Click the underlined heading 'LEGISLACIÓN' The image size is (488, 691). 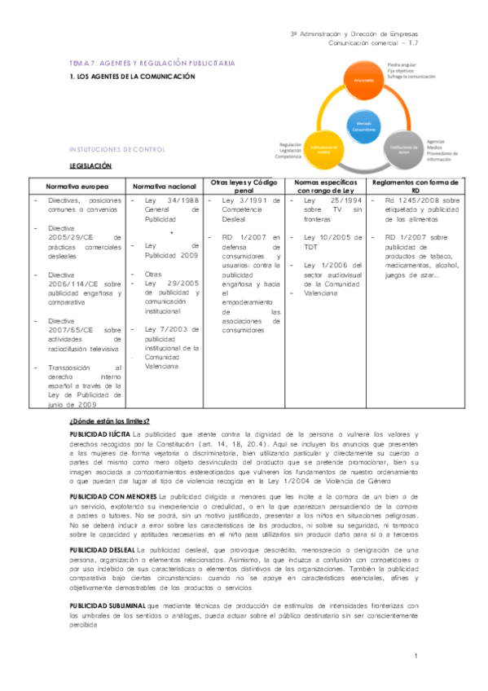point(90,165)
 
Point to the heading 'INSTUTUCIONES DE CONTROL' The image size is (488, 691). point(118,150)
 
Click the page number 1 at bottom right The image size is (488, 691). point(416,656)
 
